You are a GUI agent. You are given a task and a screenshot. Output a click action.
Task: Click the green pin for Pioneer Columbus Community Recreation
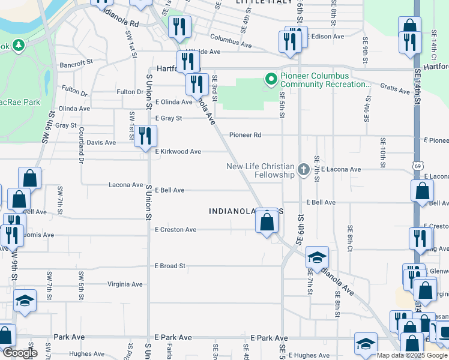[270, 78]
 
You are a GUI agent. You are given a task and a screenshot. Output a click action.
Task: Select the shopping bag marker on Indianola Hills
[267, 222]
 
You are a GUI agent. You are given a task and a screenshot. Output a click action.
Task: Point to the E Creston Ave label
[175, 230]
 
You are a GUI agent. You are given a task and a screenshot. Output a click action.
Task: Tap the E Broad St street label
[170, 266]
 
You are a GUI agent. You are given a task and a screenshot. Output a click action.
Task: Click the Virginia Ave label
[125, 284]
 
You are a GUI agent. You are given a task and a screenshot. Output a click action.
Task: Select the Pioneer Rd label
[245, 136]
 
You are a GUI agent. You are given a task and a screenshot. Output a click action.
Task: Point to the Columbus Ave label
[214, 44]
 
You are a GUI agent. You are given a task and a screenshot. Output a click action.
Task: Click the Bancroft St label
[76, 61]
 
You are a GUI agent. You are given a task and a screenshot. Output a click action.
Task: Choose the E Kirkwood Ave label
[178, 152]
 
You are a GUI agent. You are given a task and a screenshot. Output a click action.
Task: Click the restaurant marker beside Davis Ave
[144, 137]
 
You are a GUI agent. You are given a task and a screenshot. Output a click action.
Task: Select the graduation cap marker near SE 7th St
[317, 257]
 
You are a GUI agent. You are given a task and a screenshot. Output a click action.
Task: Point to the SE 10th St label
[382, 151]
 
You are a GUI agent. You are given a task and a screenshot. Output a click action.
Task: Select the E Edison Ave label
[325, 37]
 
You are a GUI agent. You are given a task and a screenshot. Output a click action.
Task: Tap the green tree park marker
[19, 45]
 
